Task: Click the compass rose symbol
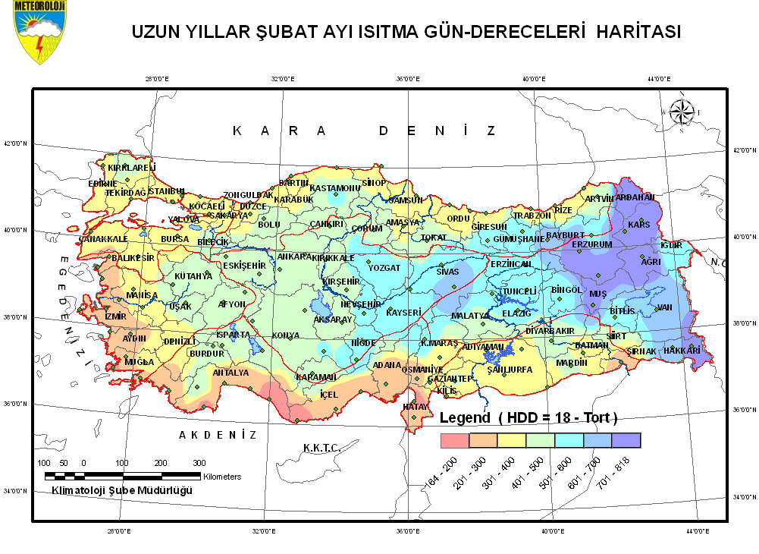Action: click(x=680, y=112)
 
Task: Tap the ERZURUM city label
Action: click(x=591, y=245)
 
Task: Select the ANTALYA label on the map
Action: click(x=231, y=373)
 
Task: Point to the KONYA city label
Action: click(x=286, y=335)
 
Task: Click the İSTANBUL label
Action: click(x=166, y=190)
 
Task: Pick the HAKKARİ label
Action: click(x=681, y=351)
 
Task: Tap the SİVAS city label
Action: click(x=448, y=271)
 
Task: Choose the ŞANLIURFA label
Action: click(x=510, y=370)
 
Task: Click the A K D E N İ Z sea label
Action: click(x=218, y=435)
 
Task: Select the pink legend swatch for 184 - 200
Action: click(x=455, y=440)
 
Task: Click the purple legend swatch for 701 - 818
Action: click(x=626, y=440)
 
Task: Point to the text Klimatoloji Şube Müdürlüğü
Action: click(x=121, y=490)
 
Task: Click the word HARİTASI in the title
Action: click(x=638, y=33)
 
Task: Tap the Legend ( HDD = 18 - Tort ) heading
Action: click(x=528, y=418)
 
